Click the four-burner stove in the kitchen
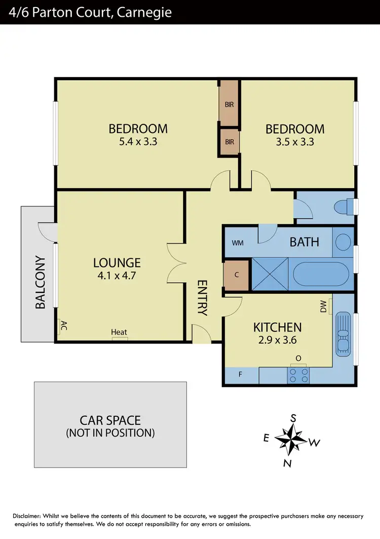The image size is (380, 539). (298, 375)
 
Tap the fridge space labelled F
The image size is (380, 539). (241, 376)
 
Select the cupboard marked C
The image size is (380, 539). (236, 275)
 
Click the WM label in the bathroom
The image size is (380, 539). (238, 243)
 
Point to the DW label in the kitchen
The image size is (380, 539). (323, 307)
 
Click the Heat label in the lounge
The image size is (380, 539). (119, 332)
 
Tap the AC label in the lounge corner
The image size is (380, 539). (64, 325)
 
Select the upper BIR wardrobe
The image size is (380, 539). (230, 105)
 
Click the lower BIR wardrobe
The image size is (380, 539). (230, 142)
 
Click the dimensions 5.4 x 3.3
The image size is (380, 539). (138, 142)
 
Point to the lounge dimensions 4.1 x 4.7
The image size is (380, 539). (117, 276)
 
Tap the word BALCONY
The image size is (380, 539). (41, 283)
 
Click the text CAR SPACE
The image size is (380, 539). (110, 420)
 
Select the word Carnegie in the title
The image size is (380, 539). (144, 12)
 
